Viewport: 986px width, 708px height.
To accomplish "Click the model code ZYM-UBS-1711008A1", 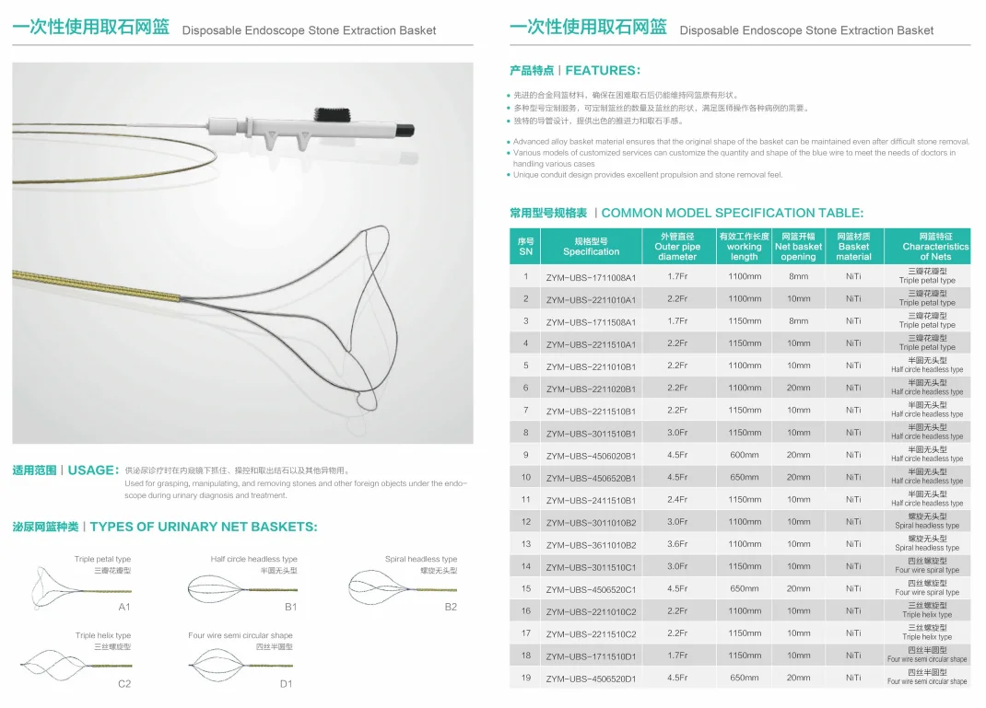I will point(591,277).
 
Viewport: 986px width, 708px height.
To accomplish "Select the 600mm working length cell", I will point(744,455).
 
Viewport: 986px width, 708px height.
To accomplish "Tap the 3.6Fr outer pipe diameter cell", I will point(677,544).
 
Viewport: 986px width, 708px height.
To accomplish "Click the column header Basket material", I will point(853,247).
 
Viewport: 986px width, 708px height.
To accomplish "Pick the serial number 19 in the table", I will point(526,678).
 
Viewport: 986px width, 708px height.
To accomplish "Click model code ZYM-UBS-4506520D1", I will point(591,679).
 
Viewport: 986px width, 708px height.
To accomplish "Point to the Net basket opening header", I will point(798,247).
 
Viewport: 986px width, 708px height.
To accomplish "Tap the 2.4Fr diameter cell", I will point(677,500).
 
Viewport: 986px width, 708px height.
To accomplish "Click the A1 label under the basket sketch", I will point(124,608).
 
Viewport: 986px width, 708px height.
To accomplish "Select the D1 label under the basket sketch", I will point(287,683).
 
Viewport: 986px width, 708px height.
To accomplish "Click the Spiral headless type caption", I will point(421,559).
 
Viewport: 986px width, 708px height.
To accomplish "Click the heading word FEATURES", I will point(602,71).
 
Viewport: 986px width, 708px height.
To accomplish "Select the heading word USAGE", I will point(91,470).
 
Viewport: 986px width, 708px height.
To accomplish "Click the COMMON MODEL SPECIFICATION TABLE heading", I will point(732,213).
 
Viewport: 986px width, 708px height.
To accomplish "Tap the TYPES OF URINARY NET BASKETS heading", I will point(203,527).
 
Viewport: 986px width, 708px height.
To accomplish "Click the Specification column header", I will point(591,247).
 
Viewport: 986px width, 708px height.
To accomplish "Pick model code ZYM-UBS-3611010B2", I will point(591,545).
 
